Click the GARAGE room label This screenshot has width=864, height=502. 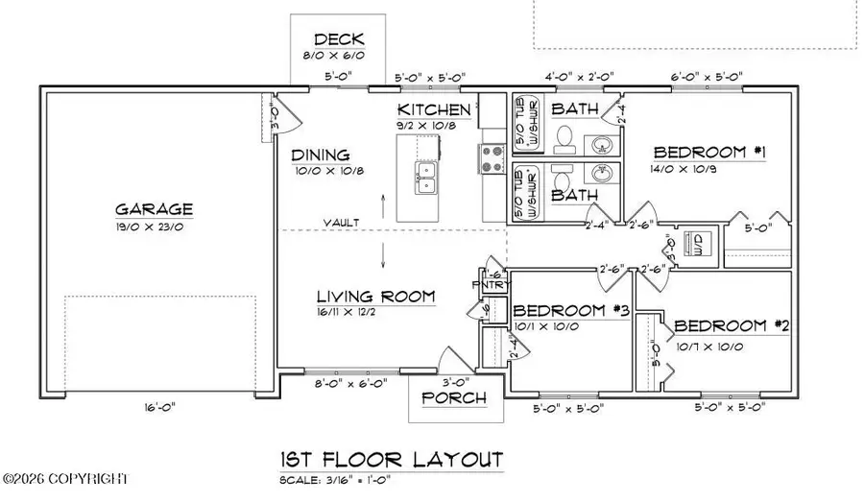pyautogui.click(x=155, y=208)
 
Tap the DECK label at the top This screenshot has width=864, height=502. pyautogui.click(x=339, y=39)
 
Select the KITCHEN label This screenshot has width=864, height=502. pyautogui.click(x=435, y=110)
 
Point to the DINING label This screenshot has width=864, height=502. pyautogui.click(x=321, y=155)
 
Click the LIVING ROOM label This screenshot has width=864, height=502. pyautogui.click(x=377, y=295)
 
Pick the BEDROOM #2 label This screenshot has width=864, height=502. pyautogui.click(x=731, y=325)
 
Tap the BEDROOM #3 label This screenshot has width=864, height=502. pyautogui.click(x=571, y=311)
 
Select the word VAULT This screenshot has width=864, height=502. pyautogui.click(x=341, y=223)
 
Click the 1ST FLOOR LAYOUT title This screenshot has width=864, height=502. pyautogui.click(x=390, y=459)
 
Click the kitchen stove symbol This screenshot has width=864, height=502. pyautogui.click(x=492, y=158)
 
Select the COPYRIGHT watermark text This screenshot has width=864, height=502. pyautogui.click(x=66, y=477)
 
